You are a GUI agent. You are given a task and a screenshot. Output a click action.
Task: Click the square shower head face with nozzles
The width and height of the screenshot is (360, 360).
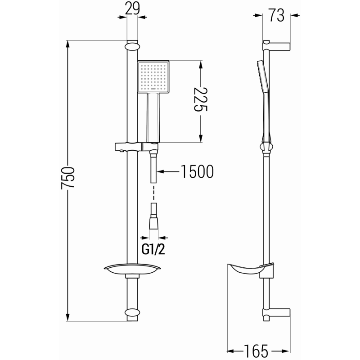click(x=153, y=77)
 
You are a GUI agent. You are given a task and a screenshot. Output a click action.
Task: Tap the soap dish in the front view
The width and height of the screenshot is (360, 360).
click(x=132, y=269)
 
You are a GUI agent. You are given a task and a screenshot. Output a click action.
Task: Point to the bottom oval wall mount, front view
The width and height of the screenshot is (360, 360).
click(x=132, y=312)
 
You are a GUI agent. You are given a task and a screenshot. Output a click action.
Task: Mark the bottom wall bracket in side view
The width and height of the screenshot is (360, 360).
click(x=278, y=313)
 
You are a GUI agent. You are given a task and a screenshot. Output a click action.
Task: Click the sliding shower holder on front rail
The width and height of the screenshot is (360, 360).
click(x=135, y=147)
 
